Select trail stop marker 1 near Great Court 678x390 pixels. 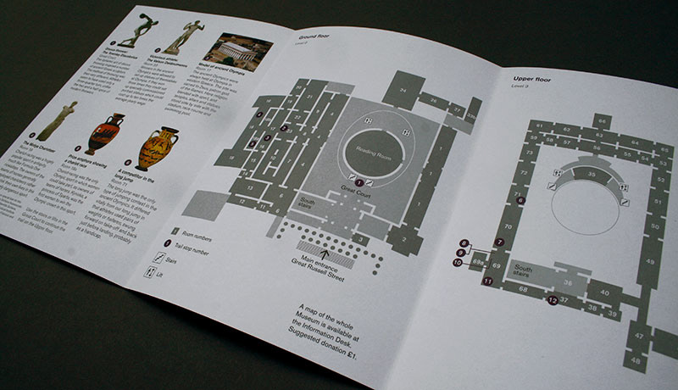tap(358, 181)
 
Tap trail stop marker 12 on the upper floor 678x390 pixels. tap(553, 299)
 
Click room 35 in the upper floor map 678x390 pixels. tap(592, 176)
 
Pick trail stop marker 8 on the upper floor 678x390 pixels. tap(464, 242)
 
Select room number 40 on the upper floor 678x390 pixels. tap(604, 292)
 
